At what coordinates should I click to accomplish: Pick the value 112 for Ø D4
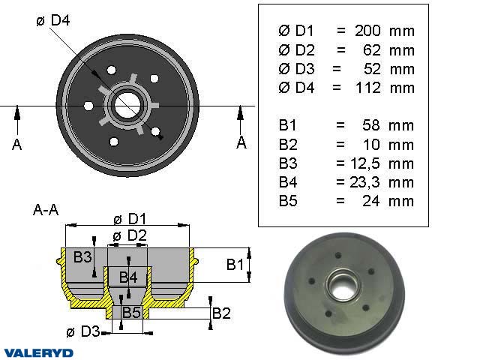367,88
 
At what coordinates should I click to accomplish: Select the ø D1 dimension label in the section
128,219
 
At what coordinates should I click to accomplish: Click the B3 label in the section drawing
82,257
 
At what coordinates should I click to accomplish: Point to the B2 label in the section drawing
221,313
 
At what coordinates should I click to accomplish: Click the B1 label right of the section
235,264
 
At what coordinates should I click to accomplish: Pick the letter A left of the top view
16,145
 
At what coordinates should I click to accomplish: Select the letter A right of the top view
241,142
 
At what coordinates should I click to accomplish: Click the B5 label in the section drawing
133,312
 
